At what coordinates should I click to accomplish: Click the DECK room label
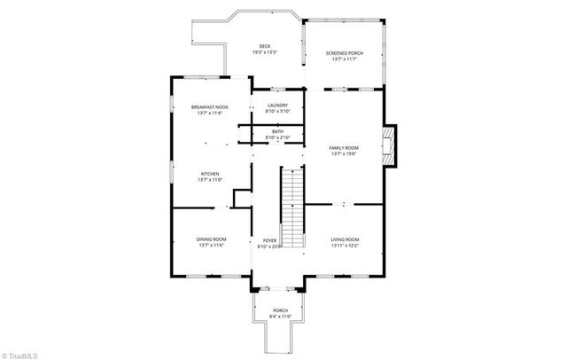(x=264, y=46)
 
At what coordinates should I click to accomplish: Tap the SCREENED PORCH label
(x=345, y=52)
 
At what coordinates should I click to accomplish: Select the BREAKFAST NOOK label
(x=210, y=107)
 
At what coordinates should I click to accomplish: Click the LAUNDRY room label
(x=277, y=106)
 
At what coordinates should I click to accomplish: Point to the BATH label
(x=277, y=132)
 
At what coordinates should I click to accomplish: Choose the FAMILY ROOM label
(x=344, y=147)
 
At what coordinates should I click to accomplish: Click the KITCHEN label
(x=210, y=174)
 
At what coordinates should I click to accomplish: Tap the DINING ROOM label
(x=211, y=239)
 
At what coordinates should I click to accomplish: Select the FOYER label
(x=268, y=240)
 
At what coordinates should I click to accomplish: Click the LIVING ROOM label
(x=345, y=239)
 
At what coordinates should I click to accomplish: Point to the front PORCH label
(x=280, y=310)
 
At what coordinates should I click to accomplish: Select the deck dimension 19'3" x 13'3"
(x=264, y=52)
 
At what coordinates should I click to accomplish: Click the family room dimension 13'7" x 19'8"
(x=344, y=153)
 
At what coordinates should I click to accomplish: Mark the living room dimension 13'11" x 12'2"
(x=345, y=246)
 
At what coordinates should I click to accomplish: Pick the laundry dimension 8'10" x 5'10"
(x=277, y=112)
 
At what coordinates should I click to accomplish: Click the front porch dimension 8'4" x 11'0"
(x=280, y=317)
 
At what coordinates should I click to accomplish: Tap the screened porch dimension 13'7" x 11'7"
(x=345, y=59)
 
